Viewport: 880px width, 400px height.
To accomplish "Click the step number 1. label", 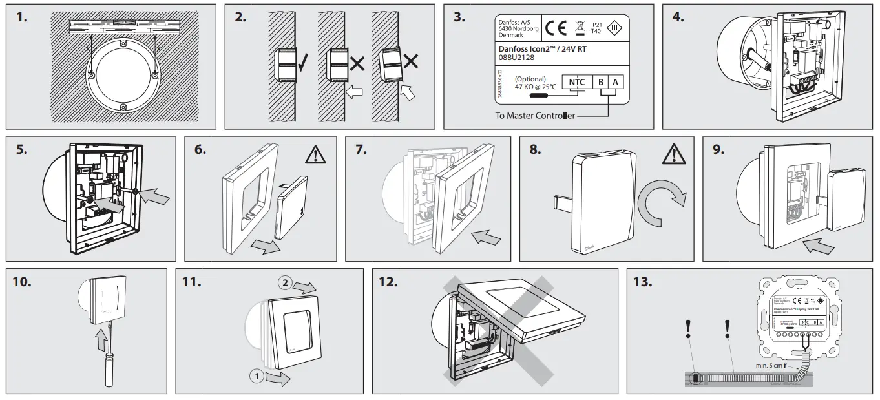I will [x=23, y=17].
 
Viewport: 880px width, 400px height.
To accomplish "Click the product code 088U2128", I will [x=516, y=58].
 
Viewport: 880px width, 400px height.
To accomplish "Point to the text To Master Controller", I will [x=534, y=116].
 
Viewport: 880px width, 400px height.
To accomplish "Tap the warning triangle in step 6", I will [x=315, y=154].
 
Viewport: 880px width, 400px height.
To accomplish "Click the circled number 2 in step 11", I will [x=285, y=282].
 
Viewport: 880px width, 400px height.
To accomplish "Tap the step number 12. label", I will [x=390, y=282].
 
